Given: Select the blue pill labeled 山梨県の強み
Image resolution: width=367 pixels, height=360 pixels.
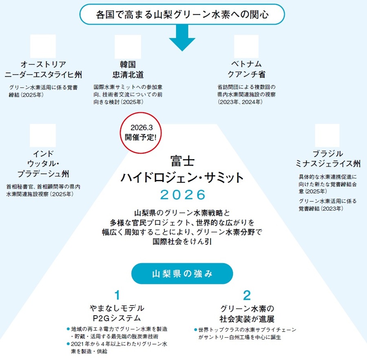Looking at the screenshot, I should click(182, 273).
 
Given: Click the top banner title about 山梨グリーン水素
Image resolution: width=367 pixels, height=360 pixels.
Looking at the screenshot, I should click(182, 15).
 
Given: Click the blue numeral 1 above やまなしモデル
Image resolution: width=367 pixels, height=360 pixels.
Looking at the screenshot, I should click(117, 295).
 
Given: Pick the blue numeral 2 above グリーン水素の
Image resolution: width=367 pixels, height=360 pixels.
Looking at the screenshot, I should click(247, 295).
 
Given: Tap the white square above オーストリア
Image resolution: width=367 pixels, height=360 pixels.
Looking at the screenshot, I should click(43, 46).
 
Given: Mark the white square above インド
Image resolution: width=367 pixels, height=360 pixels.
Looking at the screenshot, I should click(43, 136).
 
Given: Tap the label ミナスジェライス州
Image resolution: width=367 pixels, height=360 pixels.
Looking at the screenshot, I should click(328, 164).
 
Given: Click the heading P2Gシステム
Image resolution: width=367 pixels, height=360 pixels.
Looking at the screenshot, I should click(117, 318).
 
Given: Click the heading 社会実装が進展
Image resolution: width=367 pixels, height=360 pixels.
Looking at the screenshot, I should click(247, 318).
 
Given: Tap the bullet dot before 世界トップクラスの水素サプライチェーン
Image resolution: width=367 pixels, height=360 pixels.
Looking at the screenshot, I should click(195, 329).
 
